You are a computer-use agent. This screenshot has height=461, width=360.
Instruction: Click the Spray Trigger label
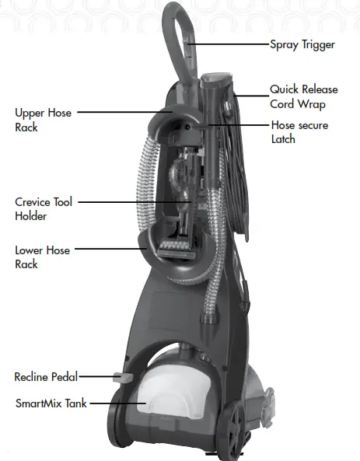point(302,44)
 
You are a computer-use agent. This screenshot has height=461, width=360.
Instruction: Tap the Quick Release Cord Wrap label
point(303,97)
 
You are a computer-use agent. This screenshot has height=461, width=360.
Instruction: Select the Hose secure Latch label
point(299,132)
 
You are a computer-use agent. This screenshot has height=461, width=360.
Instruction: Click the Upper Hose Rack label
point(43,120)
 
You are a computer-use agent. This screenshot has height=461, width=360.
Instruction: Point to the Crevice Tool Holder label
point(44,209)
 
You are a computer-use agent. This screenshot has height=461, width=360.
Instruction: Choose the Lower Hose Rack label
point(43,257)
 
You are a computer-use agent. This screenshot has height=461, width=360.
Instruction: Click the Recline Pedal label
point(46,377)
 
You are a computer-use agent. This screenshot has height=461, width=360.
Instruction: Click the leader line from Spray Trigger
point(229,45)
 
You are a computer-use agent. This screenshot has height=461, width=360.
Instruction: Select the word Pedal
point(63,377)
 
